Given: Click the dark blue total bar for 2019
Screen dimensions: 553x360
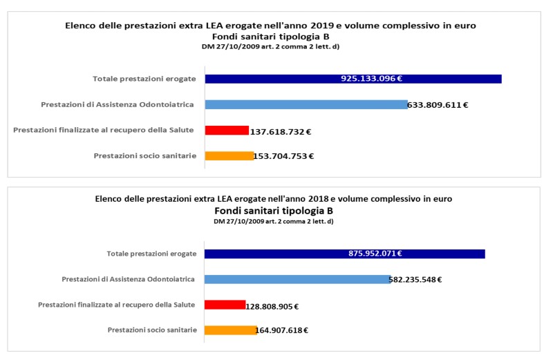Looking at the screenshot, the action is click(x=353, y=79).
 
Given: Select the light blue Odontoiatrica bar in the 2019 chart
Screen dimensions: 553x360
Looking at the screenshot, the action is click(x=306, y=104).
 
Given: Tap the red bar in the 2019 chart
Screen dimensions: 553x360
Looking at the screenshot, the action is click(x=227, y=130).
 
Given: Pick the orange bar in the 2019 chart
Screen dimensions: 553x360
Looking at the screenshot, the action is click(x=229, y=156).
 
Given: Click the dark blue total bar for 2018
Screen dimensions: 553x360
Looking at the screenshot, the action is click(x=344, y=254).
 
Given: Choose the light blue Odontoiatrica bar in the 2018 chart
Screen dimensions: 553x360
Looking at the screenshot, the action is click(x=298, y=279).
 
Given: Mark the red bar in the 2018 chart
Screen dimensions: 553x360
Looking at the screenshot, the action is click(x=225, y=305).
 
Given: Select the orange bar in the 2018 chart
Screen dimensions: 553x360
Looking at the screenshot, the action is click(x=231, y=330).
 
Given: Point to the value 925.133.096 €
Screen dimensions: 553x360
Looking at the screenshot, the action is click(x=371, y=78).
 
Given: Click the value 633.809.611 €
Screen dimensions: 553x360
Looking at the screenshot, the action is click(x=438, y=105).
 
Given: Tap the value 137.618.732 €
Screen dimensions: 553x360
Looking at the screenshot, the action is click(x=281, y=132).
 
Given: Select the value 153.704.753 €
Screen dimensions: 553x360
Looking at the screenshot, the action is click(x=283, y=156).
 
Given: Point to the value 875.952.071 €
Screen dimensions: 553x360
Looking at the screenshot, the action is click(x=375, y=253).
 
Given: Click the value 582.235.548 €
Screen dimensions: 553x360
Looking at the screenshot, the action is click(x=415, y=280).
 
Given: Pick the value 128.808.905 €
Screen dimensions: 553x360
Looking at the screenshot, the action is click(x=272, y=307).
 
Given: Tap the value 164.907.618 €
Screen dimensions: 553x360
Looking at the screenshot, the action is click(x=281, y=330).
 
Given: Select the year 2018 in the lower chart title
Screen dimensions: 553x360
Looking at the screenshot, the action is click(x=319, y=199).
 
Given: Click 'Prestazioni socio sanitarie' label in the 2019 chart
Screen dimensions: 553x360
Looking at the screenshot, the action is click(x=145, y=156).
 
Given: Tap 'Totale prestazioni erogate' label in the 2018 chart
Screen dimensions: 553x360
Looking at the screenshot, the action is click(x=151, y=254).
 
